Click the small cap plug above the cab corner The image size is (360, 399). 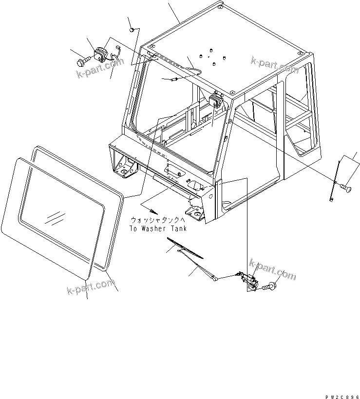coord(132,30)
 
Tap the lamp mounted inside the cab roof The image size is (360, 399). coord(215,102)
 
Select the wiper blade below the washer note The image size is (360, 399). coord(185,248)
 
